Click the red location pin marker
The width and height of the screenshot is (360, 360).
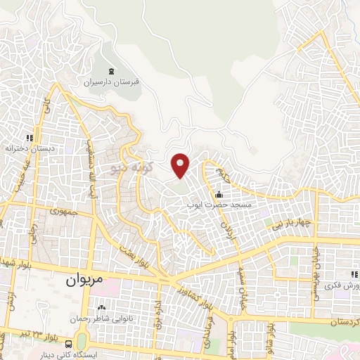coord(181,165)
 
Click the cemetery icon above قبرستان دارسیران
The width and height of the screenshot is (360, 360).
coord(113,70)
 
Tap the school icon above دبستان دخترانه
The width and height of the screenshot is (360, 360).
coord(30,138)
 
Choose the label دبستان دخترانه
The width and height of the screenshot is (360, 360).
coord(29,149)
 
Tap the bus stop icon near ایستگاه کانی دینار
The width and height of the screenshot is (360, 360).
coord(68,344)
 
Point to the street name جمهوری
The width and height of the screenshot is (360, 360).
coord(61,210)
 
